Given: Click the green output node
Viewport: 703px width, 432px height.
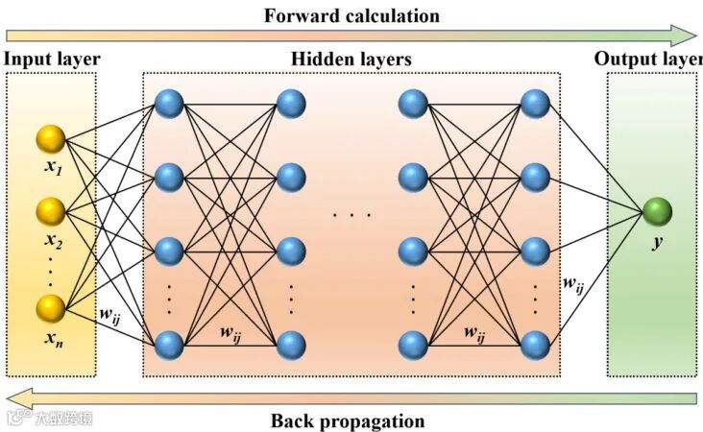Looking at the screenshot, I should tap(658, 210).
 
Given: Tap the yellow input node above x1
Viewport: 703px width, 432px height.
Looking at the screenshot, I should tap(50, 138).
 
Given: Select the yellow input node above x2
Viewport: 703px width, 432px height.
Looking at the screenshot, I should tap(50, 210).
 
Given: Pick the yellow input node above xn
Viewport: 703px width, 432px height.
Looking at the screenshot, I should tap(50, 309).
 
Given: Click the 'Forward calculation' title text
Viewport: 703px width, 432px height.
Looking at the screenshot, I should tap(352, 15).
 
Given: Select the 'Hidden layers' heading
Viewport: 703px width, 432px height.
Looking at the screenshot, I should tap(351, 60).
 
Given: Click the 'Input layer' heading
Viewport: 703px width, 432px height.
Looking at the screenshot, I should tap(52, 60).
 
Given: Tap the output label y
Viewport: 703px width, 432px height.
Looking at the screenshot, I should tap(658, 242).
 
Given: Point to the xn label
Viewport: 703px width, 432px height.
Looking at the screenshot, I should tap(52, 338).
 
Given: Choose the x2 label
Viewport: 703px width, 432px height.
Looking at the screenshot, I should tap(52, 239).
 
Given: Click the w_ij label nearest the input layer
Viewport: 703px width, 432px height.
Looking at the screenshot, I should tap(110, 313).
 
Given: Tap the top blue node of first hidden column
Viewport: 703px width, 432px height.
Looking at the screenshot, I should tap(168, 103).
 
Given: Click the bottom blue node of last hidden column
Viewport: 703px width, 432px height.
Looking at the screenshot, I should tap(534, 343).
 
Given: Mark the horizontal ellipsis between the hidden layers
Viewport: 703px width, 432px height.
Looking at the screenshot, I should tap(351, 214).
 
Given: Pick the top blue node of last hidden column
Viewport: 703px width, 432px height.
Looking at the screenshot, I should tap(534, 103).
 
